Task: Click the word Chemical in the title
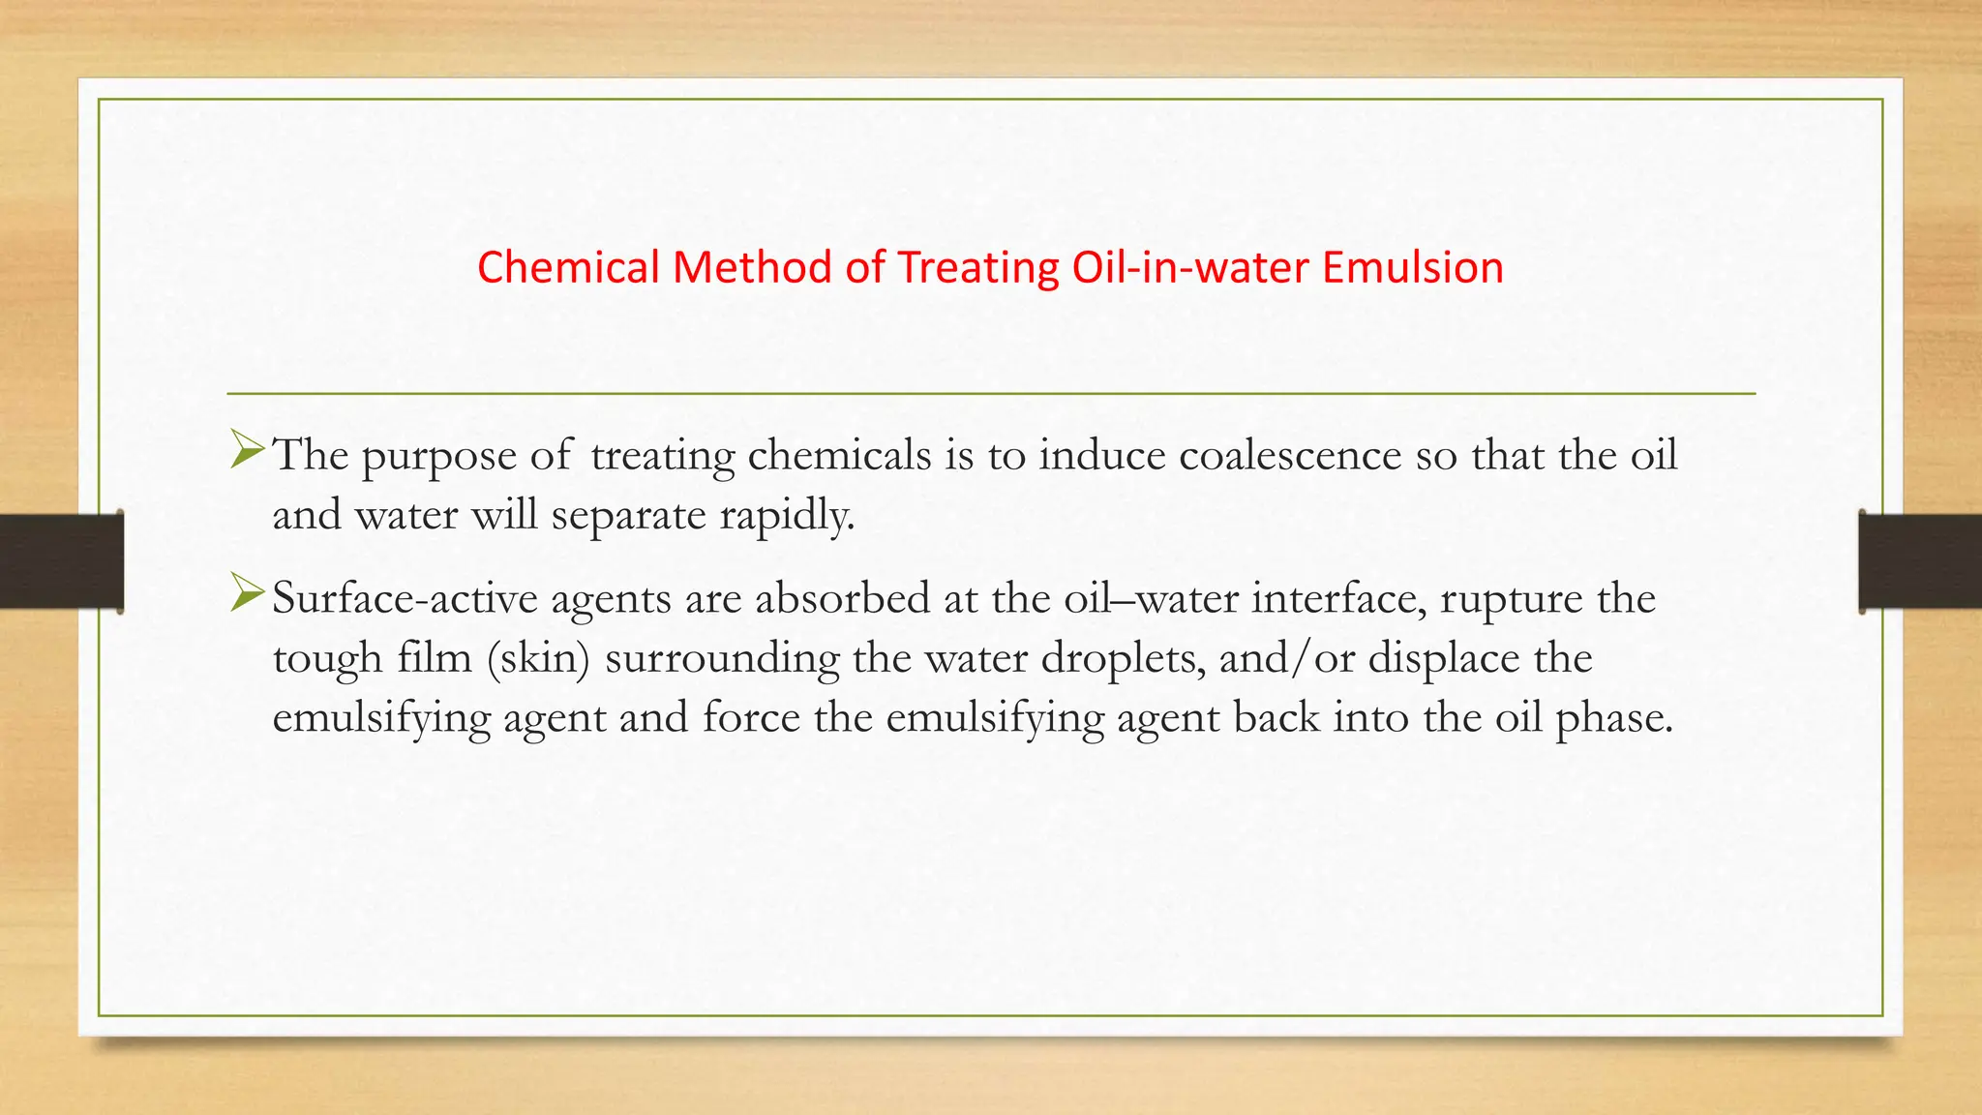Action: (x=568, y=267)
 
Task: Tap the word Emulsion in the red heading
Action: (x=1412, y=267)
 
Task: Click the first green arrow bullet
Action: (x=248, y=451)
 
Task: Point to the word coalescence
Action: (x=1289, y=455)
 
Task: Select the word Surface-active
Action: (x=404, y=598)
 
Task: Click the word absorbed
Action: (x=842, y=598)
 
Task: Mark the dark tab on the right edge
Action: (x=1919, y=561)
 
